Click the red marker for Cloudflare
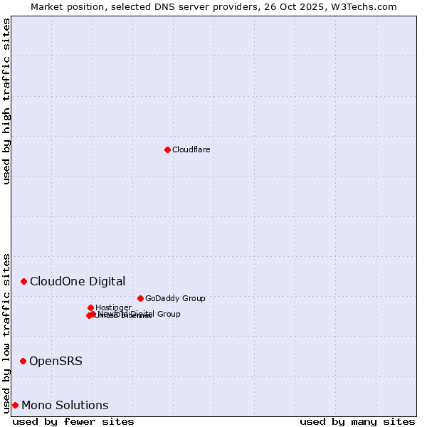coord(167,149)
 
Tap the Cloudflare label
coord(191,149)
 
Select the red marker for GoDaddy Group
coord(140,298)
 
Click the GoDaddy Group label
coord(175,298)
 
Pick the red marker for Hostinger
coord(90,307)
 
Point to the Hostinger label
coord(113,307)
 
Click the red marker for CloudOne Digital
coord(23,281)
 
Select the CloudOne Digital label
coord(78,281)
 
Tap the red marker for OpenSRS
coord(23,361)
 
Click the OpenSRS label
coord(56,361)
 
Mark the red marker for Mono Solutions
coord(15,405)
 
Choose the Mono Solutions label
coord(65,405)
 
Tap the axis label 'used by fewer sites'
coord(73,421)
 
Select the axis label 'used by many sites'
coord(357,421)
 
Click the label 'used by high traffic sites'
coord(6,101)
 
